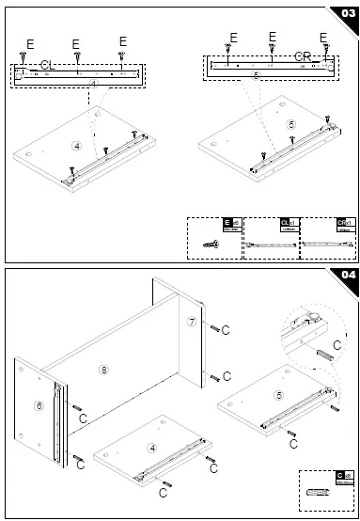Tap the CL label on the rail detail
[x=48, y=64]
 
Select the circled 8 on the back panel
[x=103, y=369]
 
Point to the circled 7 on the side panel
[x=191, y=323]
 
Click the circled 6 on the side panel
[x=39, y=405]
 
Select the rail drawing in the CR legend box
[x=327, y=243]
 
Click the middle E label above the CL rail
[x=75, y=43]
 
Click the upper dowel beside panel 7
[x=216, y=328]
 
